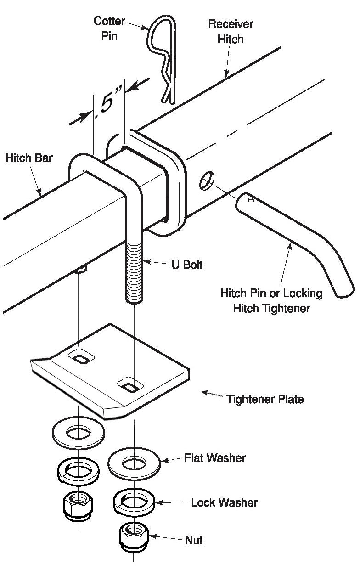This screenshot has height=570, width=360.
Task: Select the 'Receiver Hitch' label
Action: point(231,31)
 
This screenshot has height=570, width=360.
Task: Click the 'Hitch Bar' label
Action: point(29,158)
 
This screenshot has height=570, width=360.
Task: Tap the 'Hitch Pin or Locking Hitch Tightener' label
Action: point(271,300)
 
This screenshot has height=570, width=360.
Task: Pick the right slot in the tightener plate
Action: point(130,384)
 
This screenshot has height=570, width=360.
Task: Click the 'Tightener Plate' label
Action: point(264,399)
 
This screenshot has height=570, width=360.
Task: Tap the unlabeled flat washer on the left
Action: point(78,433)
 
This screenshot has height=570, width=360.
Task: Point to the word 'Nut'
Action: point(193,540)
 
